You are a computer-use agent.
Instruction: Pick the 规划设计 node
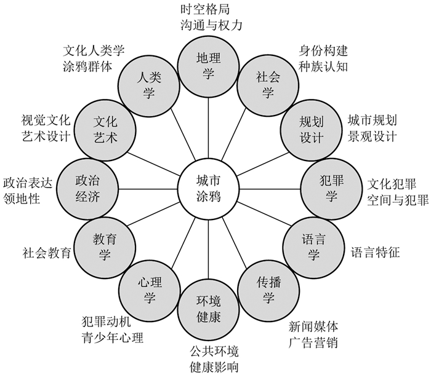[312, 128]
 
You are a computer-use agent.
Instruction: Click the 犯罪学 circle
[329, 187]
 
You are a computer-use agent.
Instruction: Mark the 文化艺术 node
[105, 128]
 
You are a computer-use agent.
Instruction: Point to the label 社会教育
[46, 251]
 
